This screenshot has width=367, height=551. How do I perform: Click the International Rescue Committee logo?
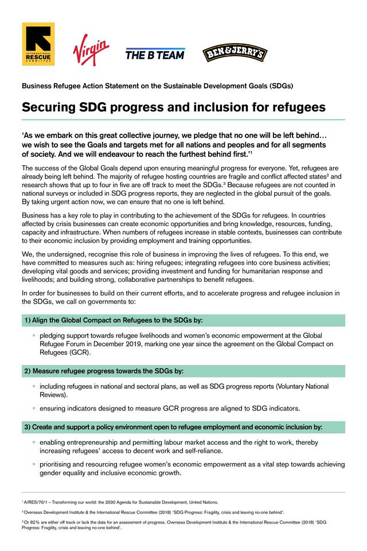38,44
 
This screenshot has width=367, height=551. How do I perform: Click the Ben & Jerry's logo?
235,53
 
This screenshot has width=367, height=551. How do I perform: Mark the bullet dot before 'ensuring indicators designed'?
34,408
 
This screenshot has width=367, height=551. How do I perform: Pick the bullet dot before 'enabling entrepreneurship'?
34,443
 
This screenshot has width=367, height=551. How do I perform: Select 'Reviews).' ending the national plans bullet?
54,395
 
